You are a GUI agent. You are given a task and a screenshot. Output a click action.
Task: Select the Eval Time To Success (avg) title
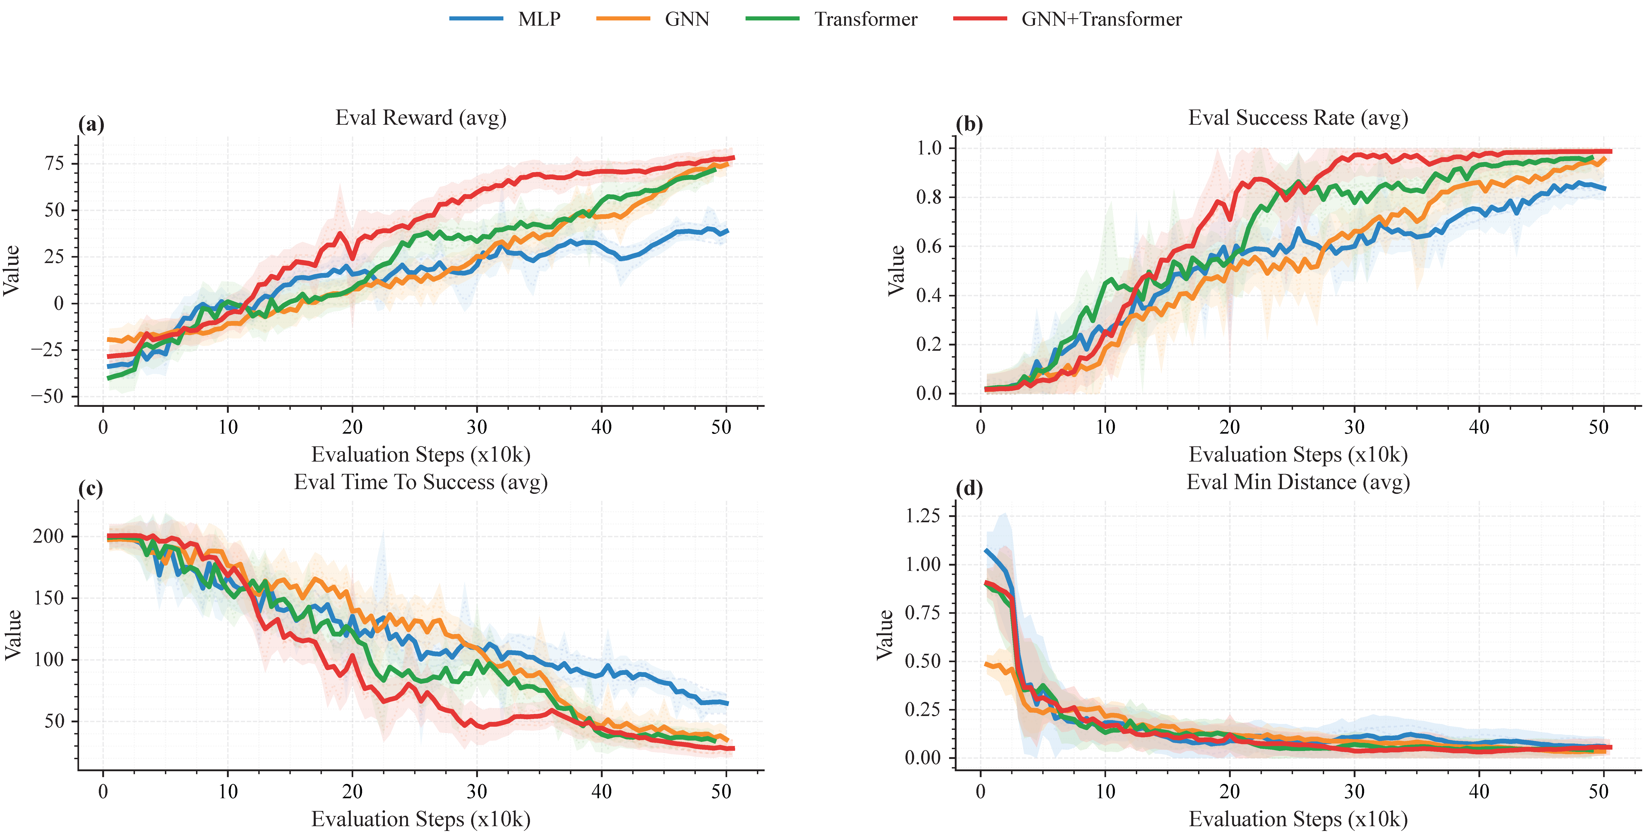pos(420,482)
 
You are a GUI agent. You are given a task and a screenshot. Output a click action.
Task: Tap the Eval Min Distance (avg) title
pos(1297,482)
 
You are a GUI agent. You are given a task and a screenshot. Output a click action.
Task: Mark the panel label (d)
pos(969,489)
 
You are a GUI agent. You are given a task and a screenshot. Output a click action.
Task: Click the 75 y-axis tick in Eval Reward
pos(55,163)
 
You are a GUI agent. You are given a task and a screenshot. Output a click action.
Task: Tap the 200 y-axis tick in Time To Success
pos(49,536)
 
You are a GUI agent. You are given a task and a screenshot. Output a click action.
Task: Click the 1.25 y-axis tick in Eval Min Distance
pos(923,516)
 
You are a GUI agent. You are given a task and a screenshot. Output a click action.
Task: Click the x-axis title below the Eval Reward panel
pos(420,455)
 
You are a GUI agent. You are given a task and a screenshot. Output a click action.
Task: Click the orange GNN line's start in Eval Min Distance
pos(986,664)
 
